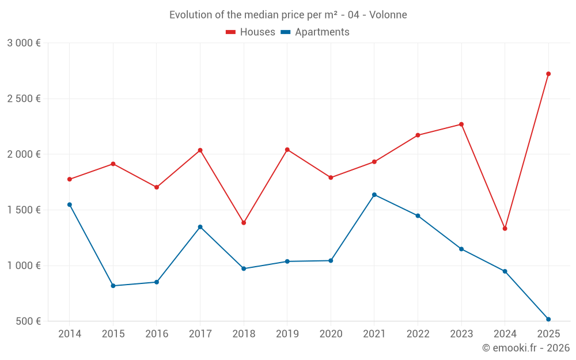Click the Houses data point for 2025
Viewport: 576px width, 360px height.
pyautogui.click(x=548, y=74)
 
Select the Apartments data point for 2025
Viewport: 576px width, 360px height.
pyautogui.click(x=548, y=319)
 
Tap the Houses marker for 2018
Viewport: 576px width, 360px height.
pyautogui.click(x=244, y=222)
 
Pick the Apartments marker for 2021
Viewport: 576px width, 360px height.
pyautogui.click(x=374, y=195)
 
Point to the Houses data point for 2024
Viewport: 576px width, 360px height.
pyautogui.click(x=505, y=229)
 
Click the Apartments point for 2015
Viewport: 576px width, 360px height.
pyautogui.click(x=113, y=286)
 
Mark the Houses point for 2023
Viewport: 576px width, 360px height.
pyautogui.click(x=461, y=124)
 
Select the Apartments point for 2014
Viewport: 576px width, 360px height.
pyautogui.click(x=70, y=204)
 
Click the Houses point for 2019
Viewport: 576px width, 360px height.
pyautogui.click(x=287, y=150)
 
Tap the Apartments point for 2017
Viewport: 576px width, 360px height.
pyautogui.click(x=200, y=227)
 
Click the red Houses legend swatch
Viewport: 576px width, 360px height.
pyautogui.click(x=231, y=32)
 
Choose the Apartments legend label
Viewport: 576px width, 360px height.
pyautogui.click(x=322, y=32)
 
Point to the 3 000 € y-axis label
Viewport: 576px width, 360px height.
pyautogui.click(x=24, y=43)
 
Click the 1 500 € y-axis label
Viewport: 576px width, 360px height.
pyautogui.click(x=24, y=210)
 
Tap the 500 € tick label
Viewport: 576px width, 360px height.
pyautogui.click(x=28, y=321)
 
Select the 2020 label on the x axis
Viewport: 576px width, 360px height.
pyautogui.click(x=331, y=334)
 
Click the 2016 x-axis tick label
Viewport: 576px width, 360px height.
pyautogui.click(x=157, y=334)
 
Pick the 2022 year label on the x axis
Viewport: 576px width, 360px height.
pyautogui.click(x=418, y=334)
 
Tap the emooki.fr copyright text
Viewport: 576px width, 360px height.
pyautogui.click(x=525, y=348)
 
